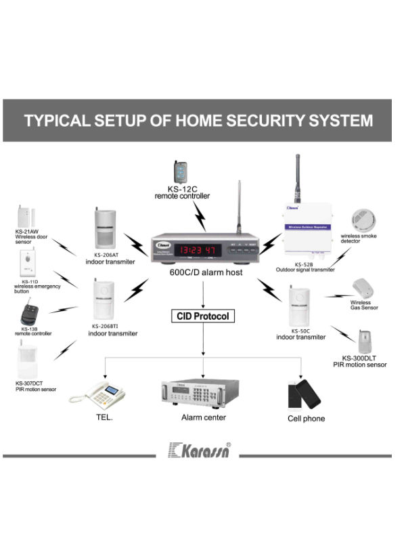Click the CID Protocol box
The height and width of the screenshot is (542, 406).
(x=203, y=316)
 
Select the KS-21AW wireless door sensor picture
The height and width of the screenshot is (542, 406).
(x=26, y=215)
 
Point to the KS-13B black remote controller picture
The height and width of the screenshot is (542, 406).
(x=28, y=314)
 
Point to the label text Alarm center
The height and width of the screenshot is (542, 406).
(x=204, y=417)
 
